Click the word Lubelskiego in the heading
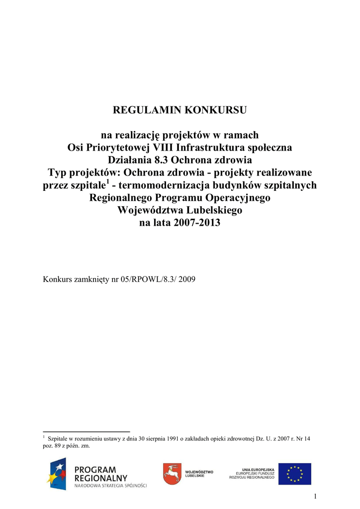214,210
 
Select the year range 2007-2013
196,223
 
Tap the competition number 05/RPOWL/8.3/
146,279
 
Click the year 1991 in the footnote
162,439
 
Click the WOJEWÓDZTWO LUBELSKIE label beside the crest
199,473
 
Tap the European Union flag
294,474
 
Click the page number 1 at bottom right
315,497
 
